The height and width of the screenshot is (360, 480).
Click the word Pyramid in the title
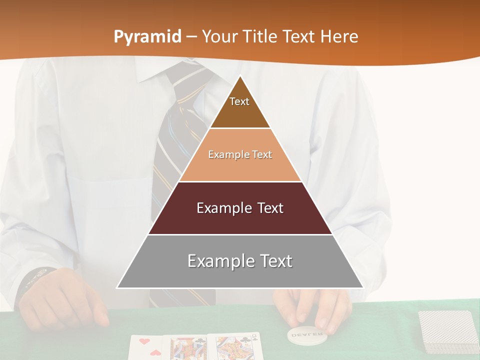point(147,37)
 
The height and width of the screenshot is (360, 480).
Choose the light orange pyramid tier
point(240,155)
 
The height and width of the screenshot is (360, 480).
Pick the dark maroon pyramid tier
point(240,208)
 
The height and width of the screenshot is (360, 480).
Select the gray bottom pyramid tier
point(240,261)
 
